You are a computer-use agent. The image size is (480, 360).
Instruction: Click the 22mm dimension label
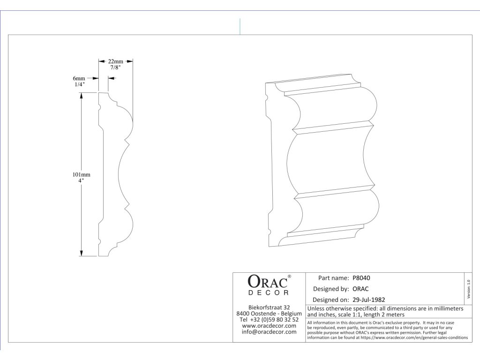(x=115, y=61)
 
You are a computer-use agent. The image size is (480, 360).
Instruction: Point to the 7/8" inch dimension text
(x=115, y=68)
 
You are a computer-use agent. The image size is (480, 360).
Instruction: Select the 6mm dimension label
(x=79, y=78)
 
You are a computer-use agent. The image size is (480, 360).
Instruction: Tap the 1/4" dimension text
(x=79, y=84)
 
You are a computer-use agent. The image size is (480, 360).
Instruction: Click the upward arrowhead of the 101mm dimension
(x=81, y=95)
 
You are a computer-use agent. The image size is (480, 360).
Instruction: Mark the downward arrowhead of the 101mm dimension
(x=81, y=254)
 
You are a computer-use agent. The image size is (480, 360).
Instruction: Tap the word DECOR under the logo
(x=268, y=293)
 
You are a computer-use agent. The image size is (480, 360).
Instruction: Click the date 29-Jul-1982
(x=369, y=299)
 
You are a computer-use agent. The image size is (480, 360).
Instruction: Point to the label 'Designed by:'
(x=330, y=289)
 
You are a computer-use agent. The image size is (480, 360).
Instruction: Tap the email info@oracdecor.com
(x=269, y=332)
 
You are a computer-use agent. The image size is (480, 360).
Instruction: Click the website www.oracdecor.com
(x=269, y=326)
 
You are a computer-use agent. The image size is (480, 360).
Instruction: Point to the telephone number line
(x=269, y=320)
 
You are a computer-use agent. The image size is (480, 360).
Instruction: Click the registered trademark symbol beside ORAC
(x=289, y=277)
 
